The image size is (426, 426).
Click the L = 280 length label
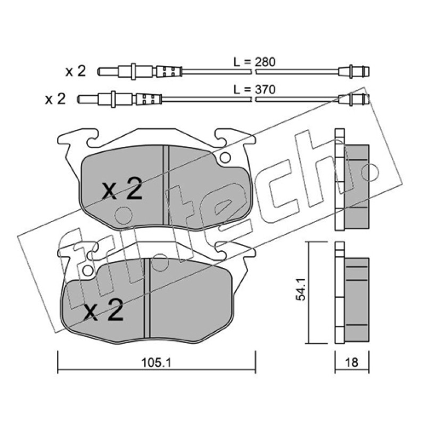click(255, 62)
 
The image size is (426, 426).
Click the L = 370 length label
click(255, 89)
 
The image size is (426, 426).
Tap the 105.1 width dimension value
click(156, 362)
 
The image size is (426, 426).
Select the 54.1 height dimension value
click(301, 289)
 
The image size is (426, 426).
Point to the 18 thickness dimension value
click(351, 362)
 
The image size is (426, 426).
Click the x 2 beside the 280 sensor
click(76, 71)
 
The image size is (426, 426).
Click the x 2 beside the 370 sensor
click(55, 99)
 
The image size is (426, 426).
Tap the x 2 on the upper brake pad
click(122, 189)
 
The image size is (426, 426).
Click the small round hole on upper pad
click(225, 157)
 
